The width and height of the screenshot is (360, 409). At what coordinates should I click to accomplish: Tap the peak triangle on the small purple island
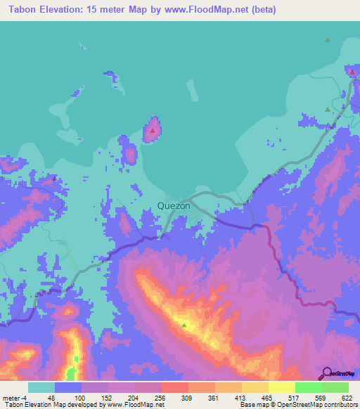[152, 130]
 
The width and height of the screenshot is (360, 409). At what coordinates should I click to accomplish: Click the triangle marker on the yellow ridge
[184, 325]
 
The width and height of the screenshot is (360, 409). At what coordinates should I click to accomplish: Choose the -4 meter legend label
[15, 398]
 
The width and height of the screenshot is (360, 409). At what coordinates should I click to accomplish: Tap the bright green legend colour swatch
[309, 387]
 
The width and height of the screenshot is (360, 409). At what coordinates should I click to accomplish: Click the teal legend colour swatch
[41, 387]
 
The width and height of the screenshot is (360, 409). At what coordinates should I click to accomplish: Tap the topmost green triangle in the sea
[328, 40]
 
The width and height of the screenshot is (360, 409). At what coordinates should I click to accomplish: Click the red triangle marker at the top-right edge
[352, 71]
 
